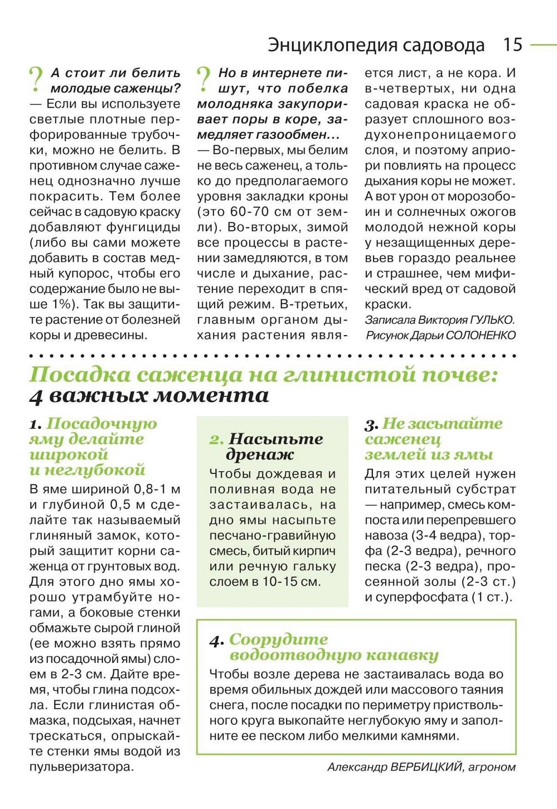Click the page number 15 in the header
[x=512, y=45]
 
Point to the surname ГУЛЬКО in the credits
[x=492, y=320]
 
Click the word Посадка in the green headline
[x=80, y=375]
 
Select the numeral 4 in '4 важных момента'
[x=36, y=396]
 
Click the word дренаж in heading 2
[x=260, y=455]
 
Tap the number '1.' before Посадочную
[x=36, y=425]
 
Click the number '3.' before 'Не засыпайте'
[x=371, y=425]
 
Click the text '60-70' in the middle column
[x=253, y=212]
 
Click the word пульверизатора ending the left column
[x=81, y=767]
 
